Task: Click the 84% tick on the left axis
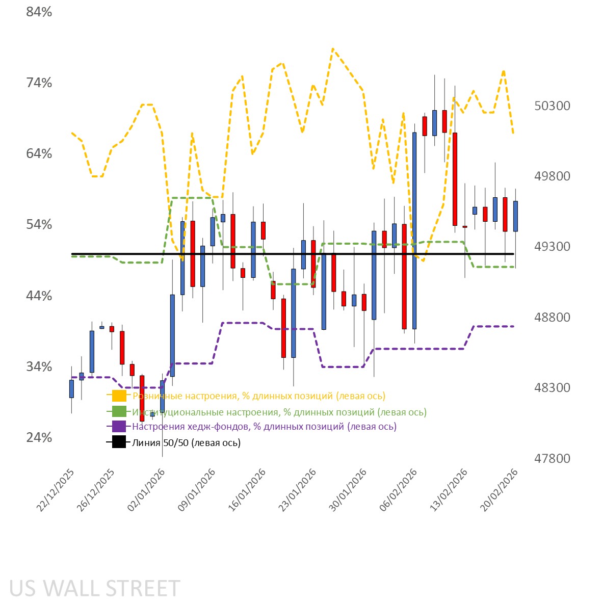coord(39,12)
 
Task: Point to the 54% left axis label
coord(39,225)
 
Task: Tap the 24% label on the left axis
coord(39,438)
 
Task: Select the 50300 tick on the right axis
coord(552,106)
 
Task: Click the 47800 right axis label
coord(552,459)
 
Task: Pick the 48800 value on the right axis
coord(552,318)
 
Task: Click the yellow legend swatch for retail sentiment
coord(119,396)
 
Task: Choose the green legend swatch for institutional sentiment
coord(119,412)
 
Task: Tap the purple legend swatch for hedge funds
coord(119,427)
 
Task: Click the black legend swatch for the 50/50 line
coord(119,442)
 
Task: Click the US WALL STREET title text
coord(95,588)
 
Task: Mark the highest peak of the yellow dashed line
coord(333,49)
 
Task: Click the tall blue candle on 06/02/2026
coord(414,230)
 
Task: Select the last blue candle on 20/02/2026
coord(515,216)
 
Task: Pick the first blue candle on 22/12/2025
coord(71,388)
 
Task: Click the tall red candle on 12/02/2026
coord(455,178)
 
